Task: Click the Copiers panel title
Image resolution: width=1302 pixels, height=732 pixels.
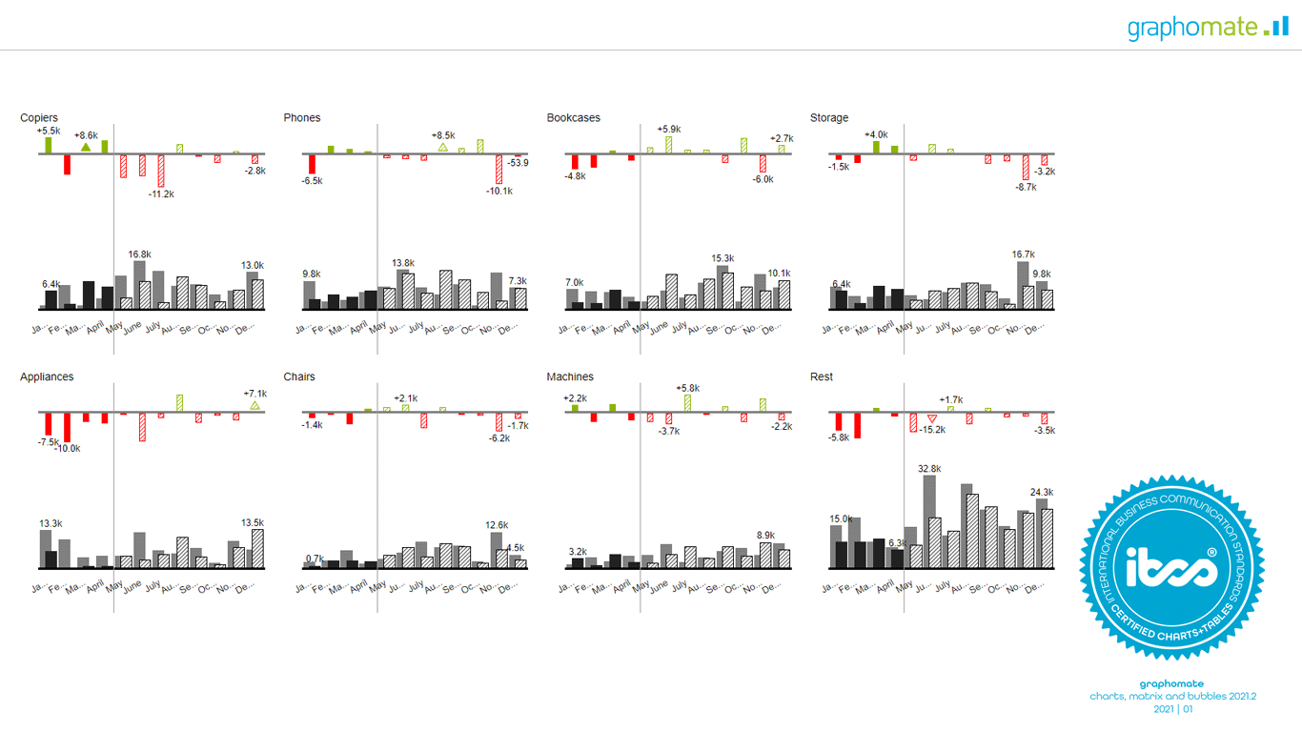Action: (x=39, y=118)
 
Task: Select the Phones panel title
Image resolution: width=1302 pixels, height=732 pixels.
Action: (x=302, y=118)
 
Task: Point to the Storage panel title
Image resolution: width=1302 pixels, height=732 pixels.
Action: (x=829, y=118)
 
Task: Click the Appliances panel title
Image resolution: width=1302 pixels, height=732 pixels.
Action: (x=47, y=377)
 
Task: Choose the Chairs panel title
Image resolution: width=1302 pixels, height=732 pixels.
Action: (x=299, y=377)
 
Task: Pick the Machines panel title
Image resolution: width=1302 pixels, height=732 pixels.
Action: (x=570, y=377)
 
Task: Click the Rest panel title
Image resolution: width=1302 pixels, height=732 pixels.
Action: (x=822, y=377)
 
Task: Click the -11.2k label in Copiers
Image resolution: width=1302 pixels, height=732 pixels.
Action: (x=161, y=194)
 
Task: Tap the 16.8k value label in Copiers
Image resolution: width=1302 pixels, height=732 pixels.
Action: (x=140, y=254)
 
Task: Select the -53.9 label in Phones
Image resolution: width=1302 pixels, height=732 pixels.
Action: (x=519, y=163)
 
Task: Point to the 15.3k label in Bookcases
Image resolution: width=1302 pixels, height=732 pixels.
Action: (x=722, y=258)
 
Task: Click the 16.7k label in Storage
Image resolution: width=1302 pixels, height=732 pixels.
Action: (x=1024, y=254)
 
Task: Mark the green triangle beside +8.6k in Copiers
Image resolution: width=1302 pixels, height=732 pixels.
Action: (x=86, y=147)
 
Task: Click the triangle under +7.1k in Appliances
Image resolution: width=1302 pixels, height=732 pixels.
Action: (x=254, y=406)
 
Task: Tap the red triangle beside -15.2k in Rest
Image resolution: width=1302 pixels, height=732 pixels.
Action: (x=932, y=418)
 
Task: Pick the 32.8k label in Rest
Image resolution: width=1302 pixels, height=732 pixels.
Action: (x=929, y=469)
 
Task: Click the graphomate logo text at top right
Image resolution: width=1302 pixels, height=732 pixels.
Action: (x=1192, y=28)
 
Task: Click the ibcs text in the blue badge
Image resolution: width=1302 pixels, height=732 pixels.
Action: (x=1171, y=569)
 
